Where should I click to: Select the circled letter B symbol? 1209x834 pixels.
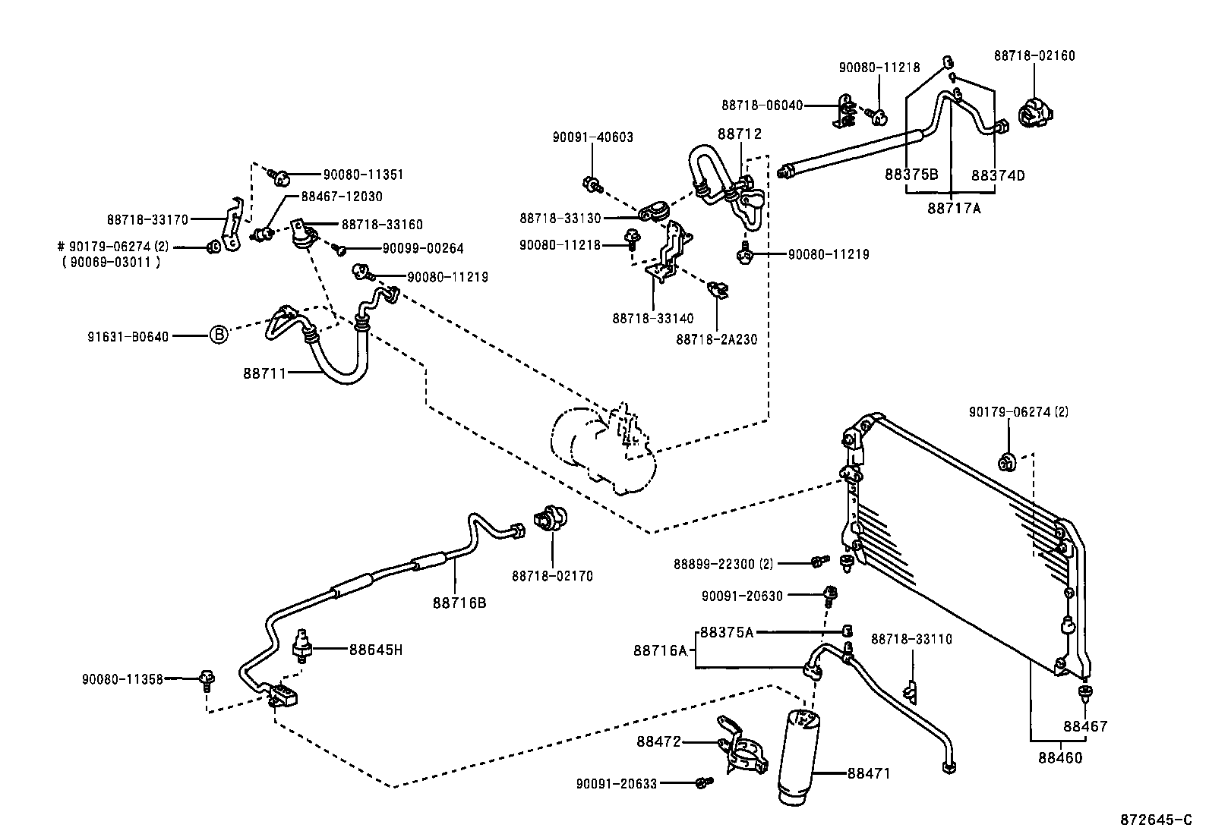(x=218, y=334)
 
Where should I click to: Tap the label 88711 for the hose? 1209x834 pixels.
(x=264, y=373)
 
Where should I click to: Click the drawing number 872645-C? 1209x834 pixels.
(x=1156, y=820)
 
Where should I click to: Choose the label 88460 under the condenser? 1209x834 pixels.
(x=1060, y=757)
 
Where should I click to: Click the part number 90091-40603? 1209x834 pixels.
(x=593, y=137)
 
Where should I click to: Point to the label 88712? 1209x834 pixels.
(x=739, y=134)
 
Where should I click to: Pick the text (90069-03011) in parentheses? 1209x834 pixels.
(x=111, y=263)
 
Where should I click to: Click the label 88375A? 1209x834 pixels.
(x=726, y=632)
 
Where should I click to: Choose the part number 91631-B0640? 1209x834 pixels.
(x=127, y=335)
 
